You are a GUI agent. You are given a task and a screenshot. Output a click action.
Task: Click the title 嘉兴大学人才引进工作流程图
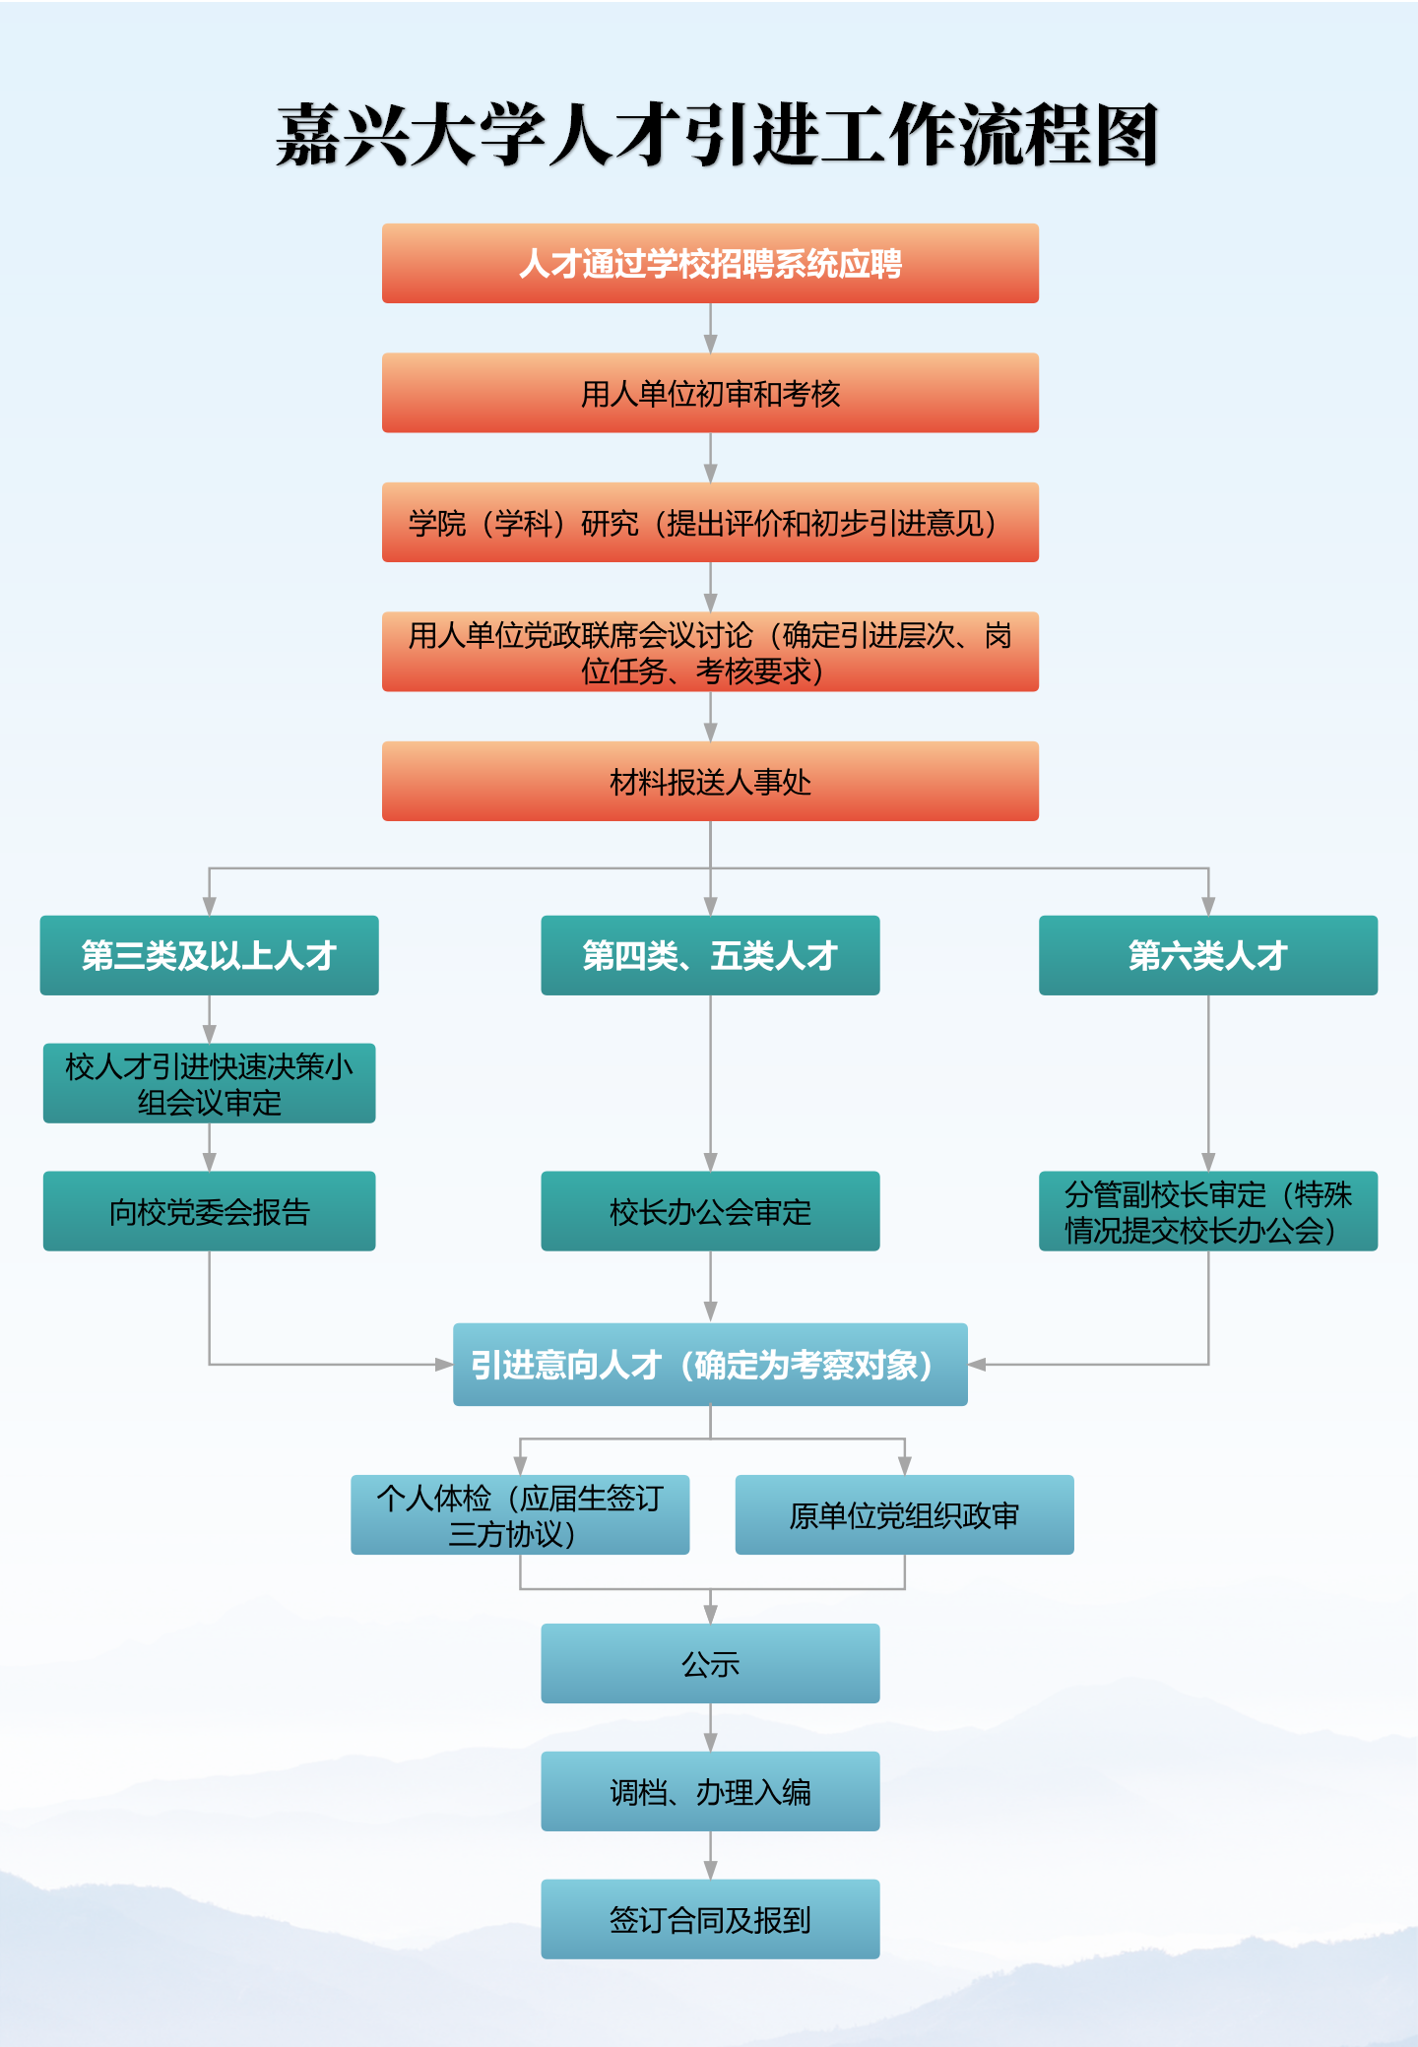tap(717, 135)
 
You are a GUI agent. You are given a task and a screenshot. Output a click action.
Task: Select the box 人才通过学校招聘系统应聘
tap(710, 263)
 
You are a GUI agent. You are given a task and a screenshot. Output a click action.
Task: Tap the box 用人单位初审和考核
tap(710, 393)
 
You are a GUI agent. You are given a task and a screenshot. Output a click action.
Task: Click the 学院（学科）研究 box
tap(710, 522)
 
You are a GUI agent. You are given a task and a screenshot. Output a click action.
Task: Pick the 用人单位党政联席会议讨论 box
tap(710, 652)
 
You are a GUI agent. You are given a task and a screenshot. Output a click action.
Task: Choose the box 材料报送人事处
tap(710, 781)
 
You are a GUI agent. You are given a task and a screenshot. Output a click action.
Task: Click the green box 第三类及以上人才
tap(209, 955)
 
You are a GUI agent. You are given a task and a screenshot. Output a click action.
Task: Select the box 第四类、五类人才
tap(710, 955)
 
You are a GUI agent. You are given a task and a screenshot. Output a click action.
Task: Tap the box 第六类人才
tap(1208, 955)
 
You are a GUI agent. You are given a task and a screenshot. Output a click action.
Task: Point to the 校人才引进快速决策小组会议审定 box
tap(209, 1083)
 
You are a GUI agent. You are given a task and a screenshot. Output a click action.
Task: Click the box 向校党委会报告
tap(209, 1211)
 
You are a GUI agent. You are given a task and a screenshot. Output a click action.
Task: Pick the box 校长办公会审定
tap(710, 1211)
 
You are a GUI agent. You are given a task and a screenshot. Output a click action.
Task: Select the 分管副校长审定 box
tap(1208, 1211)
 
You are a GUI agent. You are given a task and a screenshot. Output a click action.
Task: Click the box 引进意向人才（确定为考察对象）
tap(710, 1365)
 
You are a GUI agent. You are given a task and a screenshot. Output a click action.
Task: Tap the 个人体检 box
tap(520, 1514)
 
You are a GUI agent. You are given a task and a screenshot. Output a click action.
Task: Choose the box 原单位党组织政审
tap(904, 1514)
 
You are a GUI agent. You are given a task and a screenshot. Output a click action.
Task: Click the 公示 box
tap(710, 1663)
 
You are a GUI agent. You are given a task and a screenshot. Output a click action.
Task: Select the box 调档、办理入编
tap(710, 1791)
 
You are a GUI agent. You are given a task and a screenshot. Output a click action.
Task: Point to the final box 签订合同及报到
tap(710, 1919)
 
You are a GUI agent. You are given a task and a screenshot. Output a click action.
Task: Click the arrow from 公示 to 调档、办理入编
tap(710, 1727)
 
